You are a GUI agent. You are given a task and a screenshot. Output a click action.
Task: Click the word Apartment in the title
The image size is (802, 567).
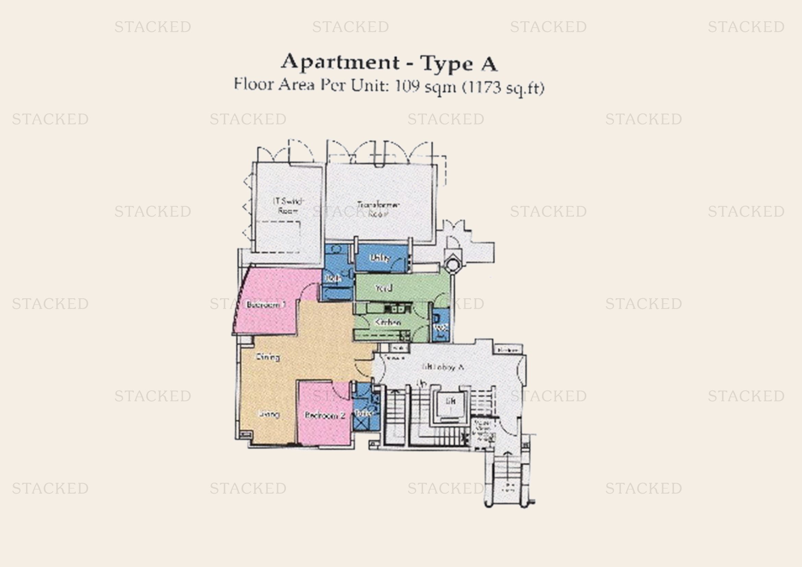tap(340, 62)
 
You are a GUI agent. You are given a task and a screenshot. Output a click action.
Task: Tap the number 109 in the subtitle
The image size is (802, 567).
tap(407, 86)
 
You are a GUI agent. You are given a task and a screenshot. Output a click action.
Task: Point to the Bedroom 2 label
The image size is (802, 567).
tap(325, 415)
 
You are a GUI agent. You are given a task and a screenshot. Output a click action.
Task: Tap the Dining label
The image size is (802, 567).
tap(268, 357)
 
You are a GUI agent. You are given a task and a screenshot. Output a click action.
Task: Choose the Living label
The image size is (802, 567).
tap(269, 414)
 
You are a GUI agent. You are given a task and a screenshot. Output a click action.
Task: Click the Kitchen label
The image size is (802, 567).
tap(388, 322)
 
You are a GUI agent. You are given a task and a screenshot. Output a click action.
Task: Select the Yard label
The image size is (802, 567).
tap(384, 288)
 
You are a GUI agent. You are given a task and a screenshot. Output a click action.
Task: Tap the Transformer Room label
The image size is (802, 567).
tap(378, 209)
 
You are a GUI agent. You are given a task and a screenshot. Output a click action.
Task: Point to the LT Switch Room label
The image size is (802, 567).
tap(288, 206)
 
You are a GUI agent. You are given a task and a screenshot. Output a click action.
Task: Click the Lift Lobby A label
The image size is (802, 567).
tap(443, 367)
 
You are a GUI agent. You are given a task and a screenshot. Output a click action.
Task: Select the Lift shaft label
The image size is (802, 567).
tap(451, 401)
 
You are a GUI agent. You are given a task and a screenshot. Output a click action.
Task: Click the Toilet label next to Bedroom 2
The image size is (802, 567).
tap(363, 413)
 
